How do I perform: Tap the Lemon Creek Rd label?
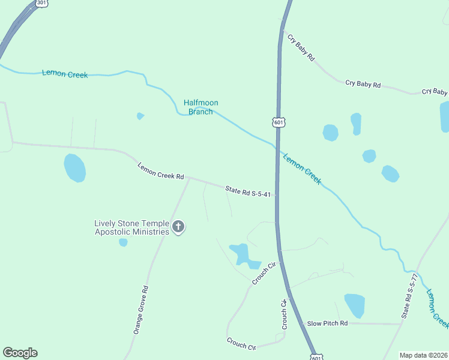pos(160,172)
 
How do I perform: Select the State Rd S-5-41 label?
pos(249,191)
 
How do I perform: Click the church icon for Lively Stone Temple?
pos(178,227)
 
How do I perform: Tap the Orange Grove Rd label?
pos(141,310)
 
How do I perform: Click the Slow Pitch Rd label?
pos(327,323)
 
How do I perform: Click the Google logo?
pos(20,353)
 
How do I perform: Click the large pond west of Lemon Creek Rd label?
pos(75,167)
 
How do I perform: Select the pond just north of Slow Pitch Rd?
pos(355,305)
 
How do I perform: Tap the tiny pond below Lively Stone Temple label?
pos(123,242)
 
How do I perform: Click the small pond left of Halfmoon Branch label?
pos(140,116)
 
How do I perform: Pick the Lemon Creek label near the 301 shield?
pos(65,74)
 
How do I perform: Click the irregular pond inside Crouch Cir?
pos(241,254)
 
